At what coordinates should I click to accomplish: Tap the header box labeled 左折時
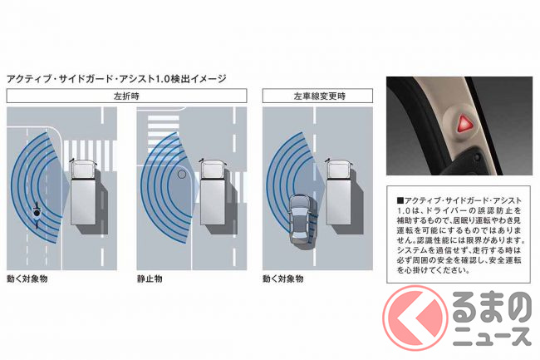(x=126, y=96)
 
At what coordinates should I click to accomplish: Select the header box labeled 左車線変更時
(x=317, y=96)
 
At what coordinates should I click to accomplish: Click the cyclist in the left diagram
(x=37, y=214)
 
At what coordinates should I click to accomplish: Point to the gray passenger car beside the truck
(x=300, y=219)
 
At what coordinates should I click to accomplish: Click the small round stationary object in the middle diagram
(x=181, y=175)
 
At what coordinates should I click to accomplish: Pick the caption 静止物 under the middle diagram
(x=150, y=279)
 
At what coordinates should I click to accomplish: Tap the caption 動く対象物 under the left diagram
(x=27, y=279)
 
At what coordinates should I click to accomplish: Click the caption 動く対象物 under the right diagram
(x=283, y=279)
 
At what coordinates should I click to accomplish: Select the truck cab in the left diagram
(x=82, y=170)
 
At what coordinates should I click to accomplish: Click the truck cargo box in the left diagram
(x=83, y=202)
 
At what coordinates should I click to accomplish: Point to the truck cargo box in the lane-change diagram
(x=339, y=202)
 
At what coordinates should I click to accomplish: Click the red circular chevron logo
(x=415, y=318)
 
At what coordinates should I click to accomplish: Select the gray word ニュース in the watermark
(x=492, y=337)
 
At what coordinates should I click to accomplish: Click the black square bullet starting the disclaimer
(x=400, y=200)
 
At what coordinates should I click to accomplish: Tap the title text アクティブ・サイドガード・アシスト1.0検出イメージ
(x=116, y=79)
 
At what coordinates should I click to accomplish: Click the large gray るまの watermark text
(x=492, y=307)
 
